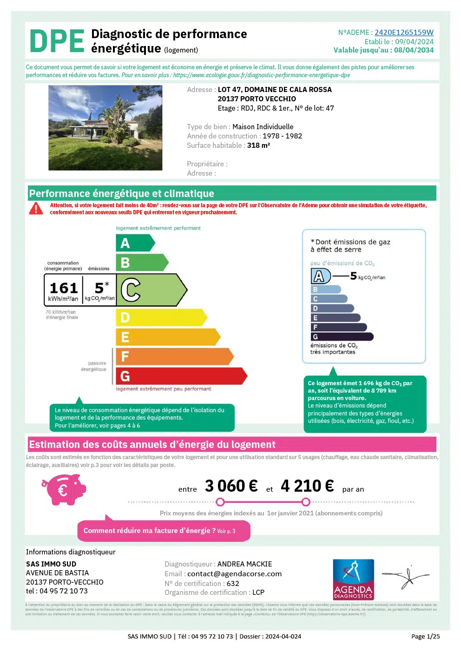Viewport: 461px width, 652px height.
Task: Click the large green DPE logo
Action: click(x=57, y=41)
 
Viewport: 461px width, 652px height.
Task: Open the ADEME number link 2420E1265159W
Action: click(x=404, y=33)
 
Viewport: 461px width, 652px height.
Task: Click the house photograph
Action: click(x=105, y=128)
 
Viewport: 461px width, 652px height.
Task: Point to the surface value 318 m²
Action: click(x=258, y=145)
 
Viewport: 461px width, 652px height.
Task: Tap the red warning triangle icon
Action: click(x=36, y=209)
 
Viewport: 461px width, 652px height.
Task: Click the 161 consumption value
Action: click(x=64, y=288)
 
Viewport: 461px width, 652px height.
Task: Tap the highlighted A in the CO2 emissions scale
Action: click(x=320, y=276)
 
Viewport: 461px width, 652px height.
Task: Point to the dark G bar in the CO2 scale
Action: click(x=342, y=337)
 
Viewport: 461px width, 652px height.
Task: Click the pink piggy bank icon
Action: click(x=65, y=489)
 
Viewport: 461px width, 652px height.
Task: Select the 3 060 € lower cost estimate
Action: click(x=231, y=486)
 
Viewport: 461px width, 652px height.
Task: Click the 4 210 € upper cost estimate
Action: click(x=307, y=486)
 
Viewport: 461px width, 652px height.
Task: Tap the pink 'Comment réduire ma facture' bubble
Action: click(x=164, y=531)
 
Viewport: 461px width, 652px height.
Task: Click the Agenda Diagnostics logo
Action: click(x=353, y=580)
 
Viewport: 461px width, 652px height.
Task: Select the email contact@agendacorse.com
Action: click(x=234, y=574)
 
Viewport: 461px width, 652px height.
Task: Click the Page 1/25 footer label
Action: click(x=425, y=637)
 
